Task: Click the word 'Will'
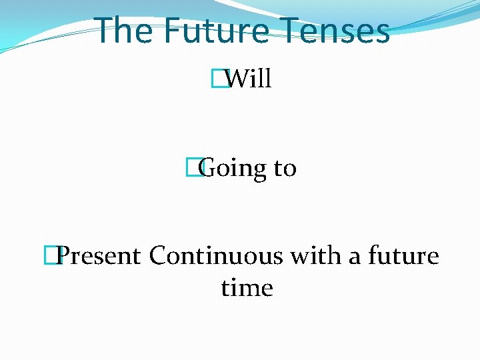pos(248,79)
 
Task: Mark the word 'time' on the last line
pos(247,288)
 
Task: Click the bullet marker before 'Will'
pos(215,79)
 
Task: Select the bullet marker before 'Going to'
pos(193,168)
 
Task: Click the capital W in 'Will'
pos(235,79)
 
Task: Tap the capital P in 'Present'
pos(65,256)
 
